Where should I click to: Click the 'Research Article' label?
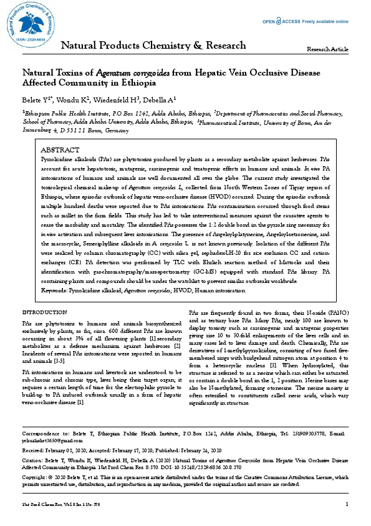[x=328, y=49]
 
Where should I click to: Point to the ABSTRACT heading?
[x=59, y=151]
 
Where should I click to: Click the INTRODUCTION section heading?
[x=45, y=312]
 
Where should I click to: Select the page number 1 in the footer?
[x=346, y=504]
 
